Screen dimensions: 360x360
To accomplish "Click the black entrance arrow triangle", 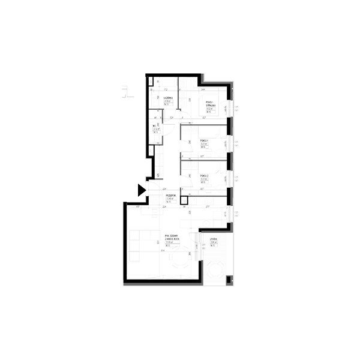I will click(x=141, y=190).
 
